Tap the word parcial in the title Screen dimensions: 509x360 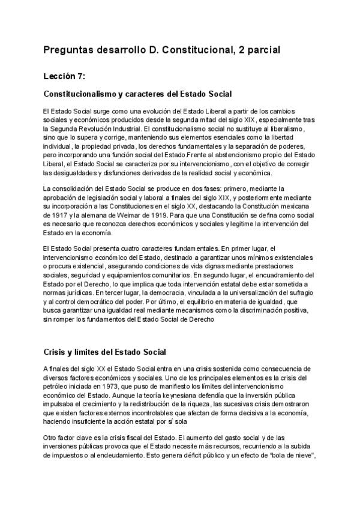click(x=258, y=51)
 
